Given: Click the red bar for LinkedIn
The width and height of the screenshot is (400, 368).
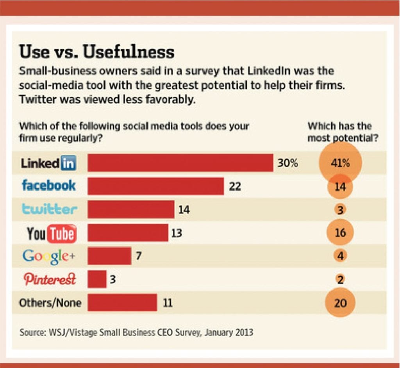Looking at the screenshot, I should [180, 163].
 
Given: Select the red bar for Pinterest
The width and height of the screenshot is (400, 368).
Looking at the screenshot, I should [97, 279].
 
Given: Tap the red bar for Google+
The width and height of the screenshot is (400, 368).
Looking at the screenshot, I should [109, 256].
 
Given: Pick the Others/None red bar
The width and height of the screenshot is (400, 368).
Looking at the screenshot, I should [122, 303].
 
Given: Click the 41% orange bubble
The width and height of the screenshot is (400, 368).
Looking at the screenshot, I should [340, 163].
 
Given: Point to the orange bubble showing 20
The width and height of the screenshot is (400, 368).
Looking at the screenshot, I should [340, 303].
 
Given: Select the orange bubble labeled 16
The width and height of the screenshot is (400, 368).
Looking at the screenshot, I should [340, 233].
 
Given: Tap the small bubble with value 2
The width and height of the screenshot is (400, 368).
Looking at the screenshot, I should [340, 280].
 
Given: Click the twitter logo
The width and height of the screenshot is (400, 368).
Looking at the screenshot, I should [49, 209].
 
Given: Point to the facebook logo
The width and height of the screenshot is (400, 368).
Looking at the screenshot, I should [49, 185].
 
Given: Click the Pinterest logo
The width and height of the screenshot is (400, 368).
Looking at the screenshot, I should [49, 279].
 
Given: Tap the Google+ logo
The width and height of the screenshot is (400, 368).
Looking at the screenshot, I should [48, 256].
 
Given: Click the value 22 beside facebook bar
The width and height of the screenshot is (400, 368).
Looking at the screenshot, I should [235, 187].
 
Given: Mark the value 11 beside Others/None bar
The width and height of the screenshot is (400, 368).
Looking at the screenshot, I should [167, 303].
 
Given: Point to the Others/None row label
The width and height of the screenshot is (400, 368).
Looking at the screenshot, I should [50, 303].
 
